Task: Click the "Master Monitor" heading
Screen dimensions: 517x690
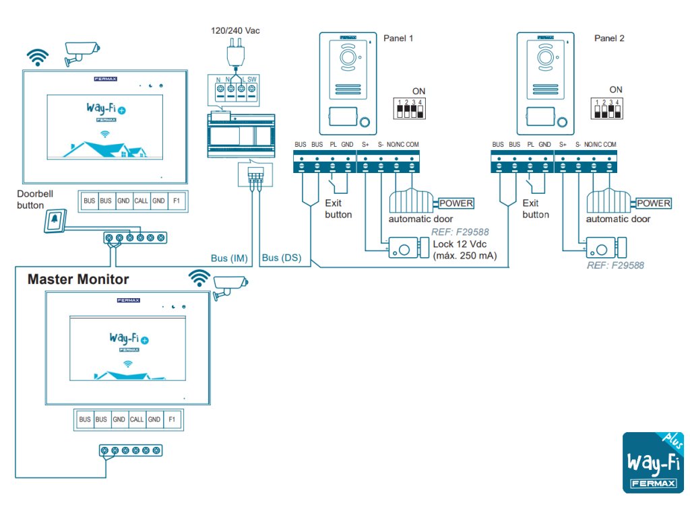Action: (78, 279)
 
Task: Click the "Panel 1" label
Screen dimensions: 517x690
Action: (398, 38)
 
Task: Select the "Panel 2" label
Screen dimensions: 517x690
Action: (609, 38)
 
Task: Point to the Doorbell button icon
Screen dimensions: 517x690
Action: (55, 220)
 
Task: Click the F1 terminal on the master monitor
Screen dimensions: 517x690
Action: (172, 419)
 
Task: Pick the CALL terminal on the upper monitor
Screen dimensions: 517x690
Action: (141, 201)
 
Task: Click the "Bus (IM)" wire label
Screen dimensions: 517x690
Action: (230, 257)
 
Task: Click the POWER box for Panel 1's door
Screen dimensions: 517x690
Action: (456, 203)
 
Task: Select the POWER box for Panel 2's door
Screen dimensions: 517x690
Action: (654, 203)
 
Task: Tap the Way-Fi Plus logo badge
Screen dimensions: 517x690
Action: (652, 462)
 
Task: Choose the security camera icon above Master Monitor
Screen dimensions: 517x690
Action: (229, 287)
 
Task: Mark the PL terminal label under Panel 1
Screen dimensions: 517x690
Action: (333, 145)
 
